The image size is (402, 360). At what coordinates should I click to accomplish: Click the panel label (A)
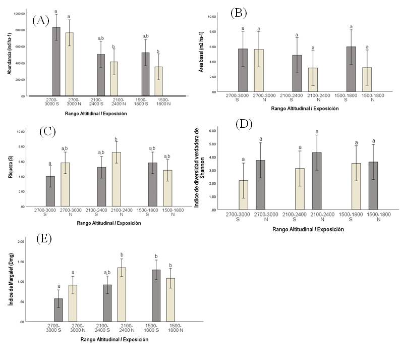click(x=40, y=21)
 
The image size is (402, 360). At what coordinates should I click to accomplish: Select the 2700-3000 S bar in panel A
click(x=56, y=61)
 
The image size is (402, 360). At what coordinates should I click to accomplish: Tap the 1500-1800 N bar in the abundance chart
click(x=158, y=81)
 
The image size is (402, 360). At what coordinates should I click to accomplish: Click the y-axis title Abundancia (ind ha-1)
click(x=9, y=52)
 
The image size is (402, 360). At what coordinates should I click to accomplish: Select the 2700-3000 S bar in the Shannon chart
click(x=243, y=195)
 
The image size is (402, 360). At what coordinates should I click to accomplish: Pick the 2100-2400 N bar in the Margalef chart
click(x=122, y=294)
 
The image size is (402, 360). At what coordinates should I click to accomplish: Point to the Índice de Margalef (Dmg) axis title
click(x=9, y=280)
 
